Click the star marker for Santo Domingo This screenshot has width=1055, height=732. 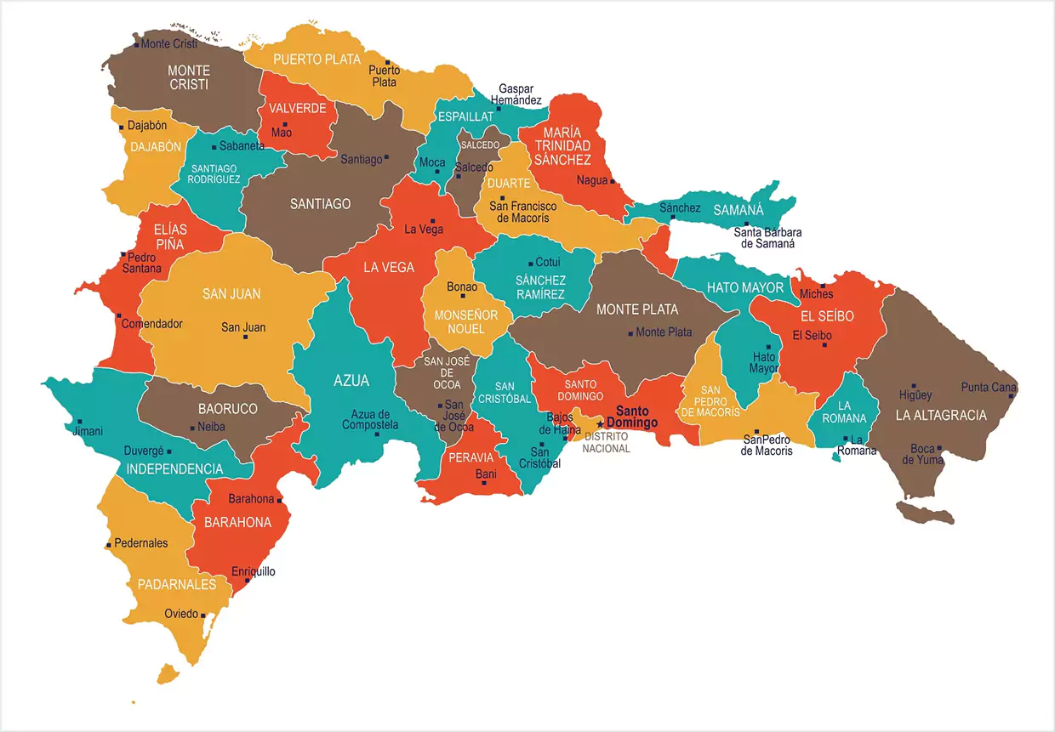click(600, 423)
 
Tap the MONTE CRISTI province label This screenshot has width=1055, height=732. click(188, 77)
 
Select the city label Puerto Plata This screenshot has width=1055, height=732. click(384, 77)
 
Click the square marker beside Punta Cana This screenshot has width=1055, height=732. click(1012, 396)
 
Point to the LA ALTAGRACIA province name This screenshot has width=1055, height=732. click(940, 415)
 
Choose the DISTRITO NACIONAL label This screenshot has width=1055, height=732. click(607, 442)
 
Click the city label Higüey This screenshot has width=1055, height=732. click(915, 394)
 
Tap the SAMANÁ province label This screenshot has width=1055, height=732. click(738, 210)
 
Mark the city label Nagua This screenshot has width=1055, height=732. click(591, 180)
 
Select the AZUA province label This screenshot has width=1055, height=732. click(351, 381)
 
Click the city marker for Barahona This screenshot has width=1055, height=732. click(280, 501)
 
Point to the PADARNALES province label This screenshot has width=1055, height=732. click(177, 584)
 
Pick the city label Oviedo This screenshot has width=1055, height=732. click(181, 614)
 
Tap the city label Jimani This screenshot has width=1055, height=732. click(88, 431)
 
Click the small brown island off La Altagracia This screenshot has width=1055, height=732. click(924, 513)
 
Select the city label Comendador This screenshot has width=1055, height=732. click(151, 324)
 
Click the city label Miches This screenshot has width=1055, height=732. click(816, 294)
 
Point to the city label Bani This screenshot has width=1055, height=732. click(486, 474)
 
